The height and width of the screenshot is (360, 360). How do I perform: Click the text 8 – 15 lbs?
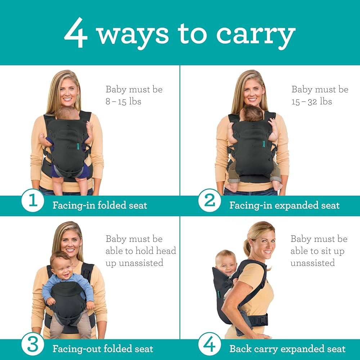click(123, 102)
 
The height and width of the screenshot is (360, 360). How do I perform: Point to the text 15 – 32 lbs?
click(312, 102)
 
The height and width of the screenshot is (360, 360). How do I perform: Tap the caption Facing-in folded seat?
click(100, 206)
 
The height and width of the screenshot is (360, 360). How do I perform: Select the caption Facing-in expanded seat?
click(284, 206)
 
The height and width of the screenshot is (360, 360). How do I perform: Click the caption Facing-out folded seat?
click(103, 349)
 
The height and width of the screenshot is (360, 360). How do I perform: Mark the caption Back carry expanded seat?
click(287, 349)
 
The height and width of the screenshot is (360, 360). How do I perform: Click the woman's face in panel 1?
click(69, 91)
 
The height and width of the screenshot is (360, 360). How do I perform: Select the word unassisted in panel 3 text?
click(134, 263)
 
